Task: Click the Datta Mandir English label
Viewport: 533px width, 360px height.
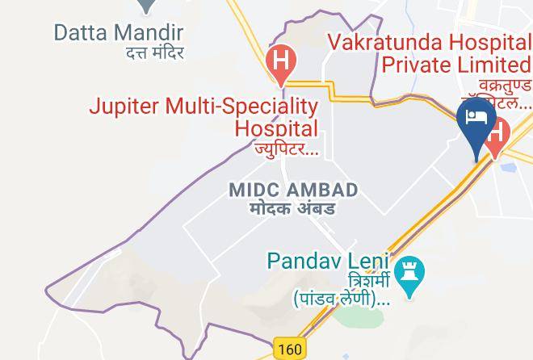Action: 119,33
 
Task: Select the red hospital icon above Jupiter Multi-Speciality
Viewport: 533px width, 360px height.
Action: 280,62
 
